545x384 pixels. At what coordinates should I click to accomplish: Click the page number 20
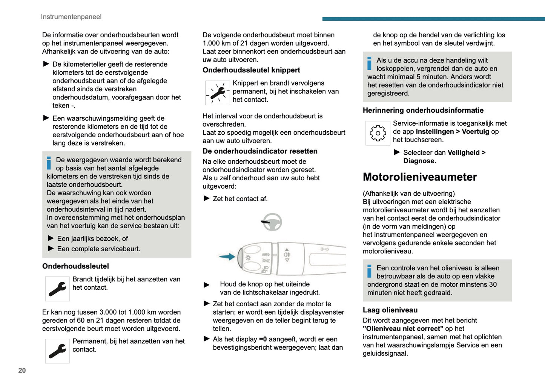coord(22,370)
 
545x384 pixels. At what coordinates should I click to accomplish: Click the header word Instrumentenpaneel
coord(71,17)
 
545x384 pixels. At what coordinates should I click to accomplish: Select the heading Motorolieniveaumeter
coord(420,177)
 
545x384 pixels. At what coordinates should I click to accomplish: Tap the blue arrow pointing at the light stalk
coord(227,257)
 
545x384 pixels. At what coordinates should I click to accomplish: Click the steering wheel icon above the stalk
coord(272,222)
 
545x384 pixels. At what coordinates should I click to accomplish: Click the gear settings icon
coord(378,133)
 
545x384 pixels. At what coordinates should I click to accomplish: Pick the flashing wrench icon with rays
coord(218,93)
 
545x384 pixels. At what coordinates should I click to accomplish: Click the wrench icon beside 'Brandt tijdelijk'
coord(57,289)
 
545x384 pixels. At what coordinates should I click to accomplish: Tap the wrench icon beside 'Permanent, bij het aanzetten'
coord(57,351)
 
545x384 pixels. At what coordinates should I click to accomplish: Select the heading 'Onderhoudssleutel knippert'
coord(251,70)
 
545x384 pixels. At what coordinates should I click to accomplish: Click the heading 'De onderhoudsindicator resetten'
coord(260,151)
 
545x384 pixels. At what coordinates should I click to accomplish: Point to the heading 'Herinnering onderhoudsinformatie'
coord(423,111)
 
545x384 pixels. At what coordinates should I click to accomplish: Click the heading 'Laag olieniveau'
coord(390,310)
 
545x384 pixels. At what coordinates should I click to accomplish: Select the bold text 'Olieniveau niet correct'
coord(403,329)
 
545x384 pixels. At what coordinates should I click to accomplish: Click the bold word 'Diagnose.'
coord(419,161)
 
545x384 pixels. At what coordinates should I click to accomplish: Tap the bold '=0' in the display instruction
coord(263,339)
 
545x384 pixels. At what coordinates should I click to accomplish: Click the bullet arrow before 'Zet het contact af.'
coord(206,198)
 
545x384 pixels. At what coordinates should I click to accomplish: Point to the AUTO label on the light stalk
coord(266,255)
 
